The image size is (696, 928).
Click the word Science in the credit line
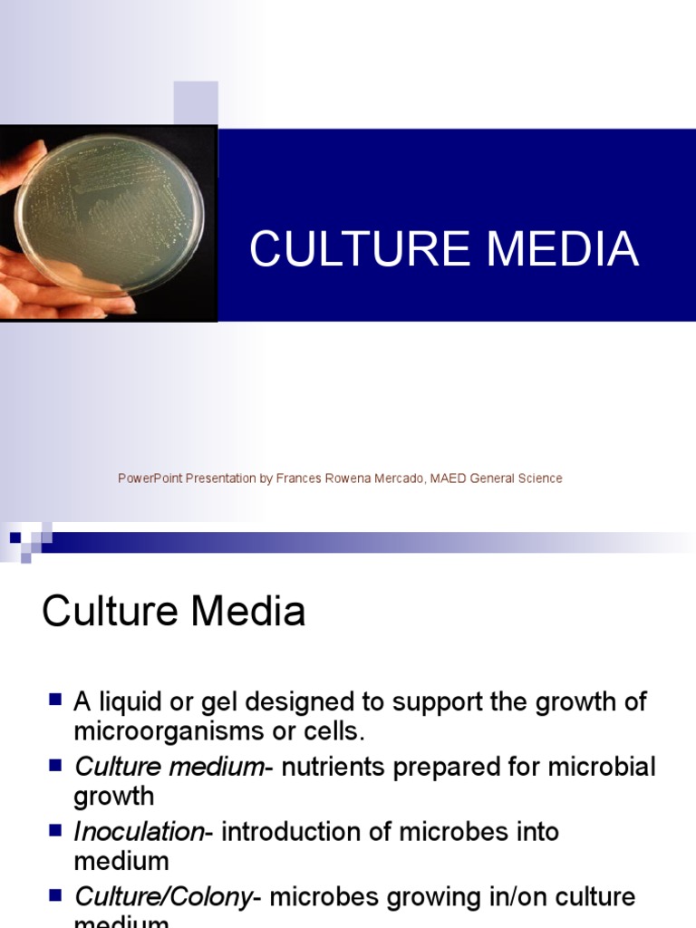540,478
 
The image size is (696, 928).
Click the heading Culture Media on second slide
173,613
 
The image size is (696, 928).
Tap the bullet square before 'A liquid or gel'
54,700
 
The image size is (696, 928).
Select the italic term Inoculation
140,832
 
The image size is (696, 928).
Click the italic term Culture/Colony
162,897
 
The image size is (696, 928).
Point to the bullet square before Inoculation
54,830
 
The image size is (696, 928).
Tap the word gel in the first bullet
217,702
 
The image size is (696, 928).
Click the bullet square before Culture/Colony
54,895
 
